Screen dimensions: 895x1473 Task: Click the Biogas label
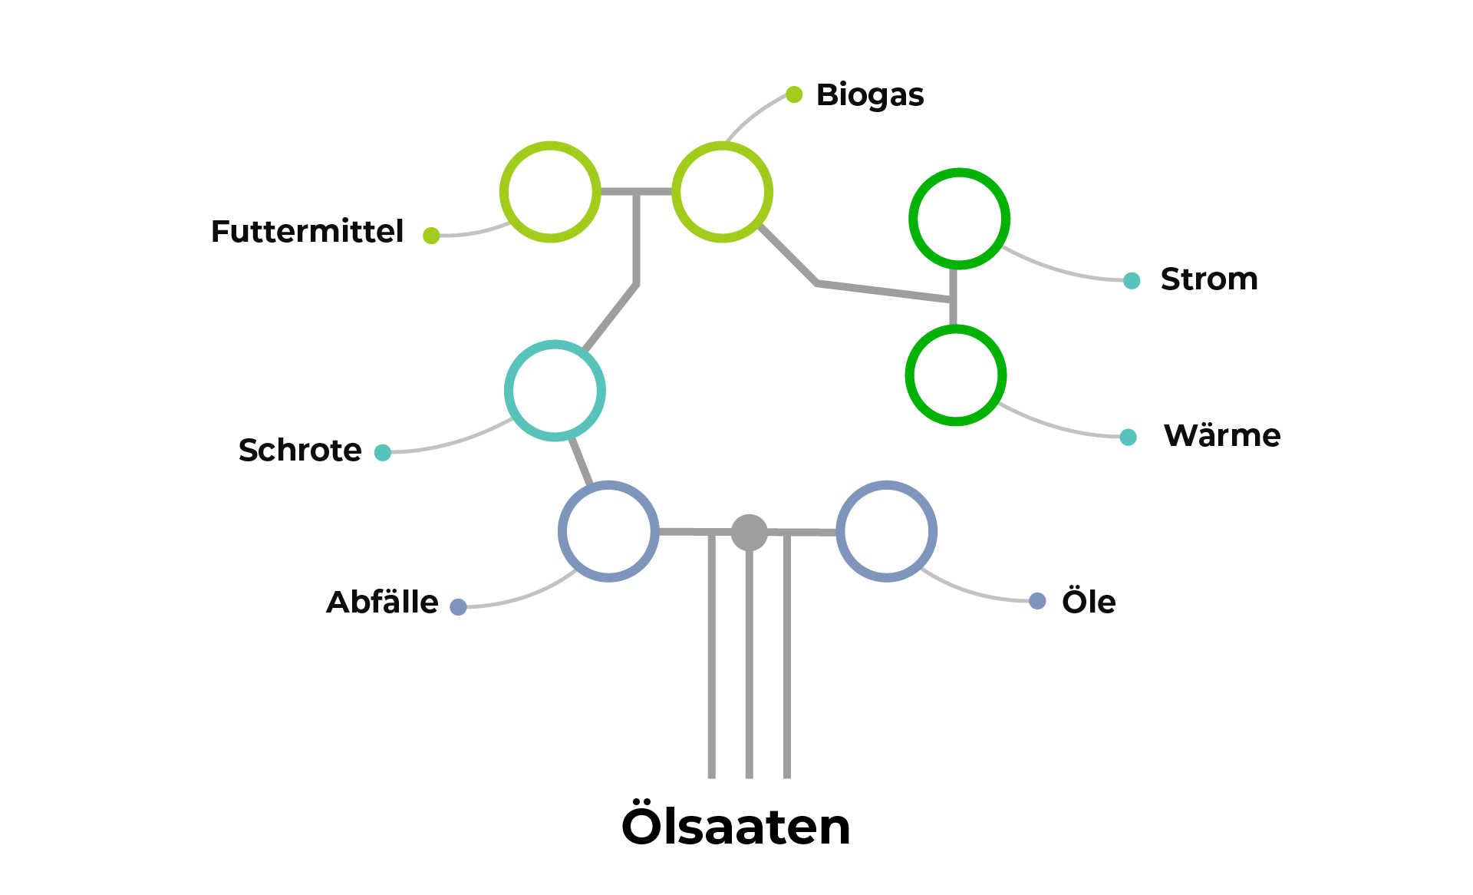[869, 95]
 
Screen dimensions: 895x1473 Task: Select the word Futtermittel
[307, 232]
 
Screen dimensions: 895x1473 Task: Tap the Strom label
[1209, 279]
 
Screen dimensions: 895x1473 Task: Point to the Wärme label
[1222, 436]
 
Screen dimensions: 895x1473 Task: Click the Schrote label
[300, 451]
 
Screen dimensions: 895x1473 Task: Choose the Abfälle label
[382, 603]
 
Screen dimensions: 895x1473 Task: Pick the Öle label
[1089, 602]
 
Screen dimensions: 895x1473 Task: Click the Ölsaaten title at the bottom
[736, 827]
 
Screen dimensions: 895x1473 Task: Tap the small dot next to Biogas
[794, 94]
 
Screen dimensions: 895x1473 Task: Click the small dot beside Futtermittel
[431, 236]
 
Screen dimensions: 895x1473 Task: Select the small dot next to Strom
[1132, 281]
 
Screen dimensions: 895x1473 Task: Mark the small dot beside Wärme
[1128, 438]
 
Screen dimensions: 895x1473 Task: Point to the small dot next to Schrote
[383, 453]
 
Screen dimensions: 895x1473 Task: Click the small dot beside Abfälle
[458, 607]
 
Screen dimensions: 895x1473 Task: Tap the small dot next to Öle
[1037, 601]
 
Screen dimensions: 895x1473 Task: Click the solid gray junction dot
[750, 532]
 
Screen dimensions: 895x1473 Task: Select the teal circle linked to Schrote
[555, 391]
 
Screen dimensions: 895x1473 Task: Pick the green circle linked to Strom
[959, 219]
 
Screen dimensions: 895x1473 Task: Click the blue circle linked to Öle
[886, 531]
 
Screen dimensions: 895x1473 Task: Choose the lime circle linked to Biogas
[722, 192]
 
